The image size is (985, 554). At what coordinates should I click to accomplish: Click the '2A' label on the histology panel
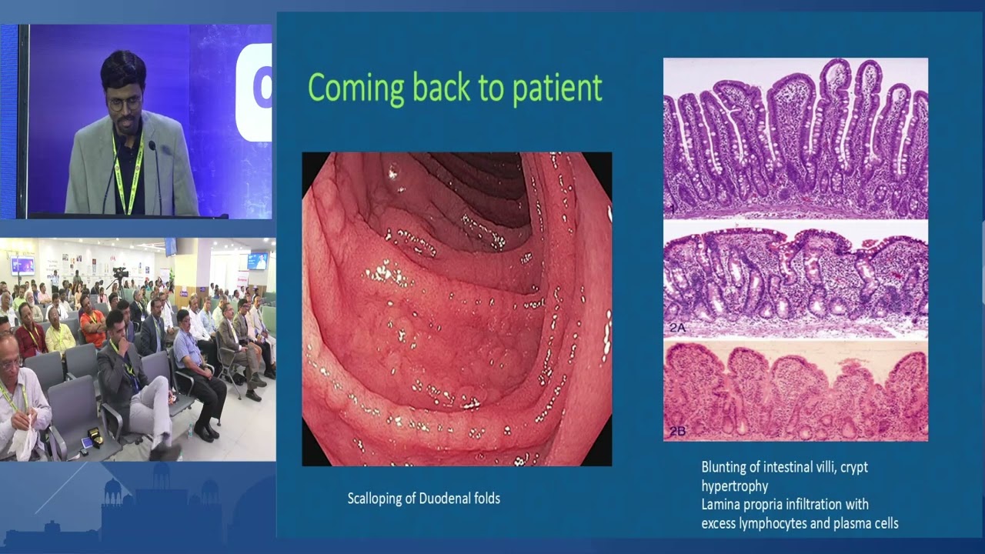[676, 327]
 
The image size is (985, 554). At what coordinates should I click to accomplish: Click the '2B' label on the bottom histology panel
[676, 432]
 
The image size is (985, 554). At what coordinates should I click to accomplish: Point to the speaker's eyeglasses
[124, 102]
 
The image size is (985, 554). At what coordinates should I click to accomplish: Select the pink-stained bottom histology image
[795, 392]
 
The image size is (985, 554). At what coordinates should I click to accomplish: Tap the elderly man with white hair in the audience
[17, 385]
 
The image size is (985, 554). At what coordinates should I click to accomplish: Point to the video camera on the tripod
[120, 273]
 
